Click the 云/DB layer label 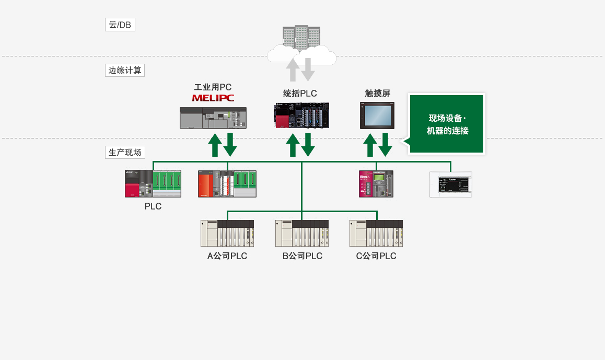120,25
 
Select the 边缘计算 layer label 125,70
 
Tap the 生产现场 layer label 125,153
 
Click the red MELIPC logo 213,98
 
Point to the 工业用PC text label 213,87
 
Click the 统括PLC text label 300,94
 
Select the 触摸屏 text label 377,94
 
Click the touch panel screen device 377,115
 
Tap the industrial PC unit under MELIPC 213,118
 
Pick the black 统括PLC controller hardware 302,115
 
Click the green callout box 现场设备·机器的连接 447,124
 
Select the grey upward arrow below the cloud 293,69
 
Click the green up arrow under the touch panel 370,145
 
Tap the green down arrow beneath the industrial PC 230,145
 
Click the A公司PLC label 227,256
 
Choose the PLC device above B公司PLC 302,233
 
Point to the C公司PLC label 376,256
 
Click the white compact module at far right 450,184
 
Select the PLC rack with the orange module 227,184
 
